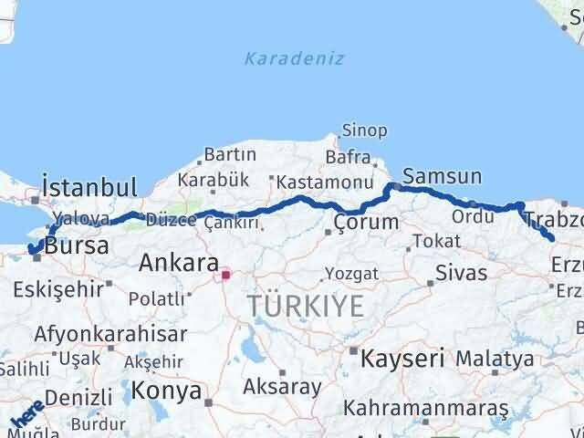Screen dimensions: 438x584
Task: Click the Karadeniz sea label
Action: coord(294,58)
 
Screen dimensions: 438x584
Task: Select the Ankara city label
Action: coord(179,264)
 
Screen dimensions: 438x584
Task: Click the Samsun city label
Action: coord(442,176)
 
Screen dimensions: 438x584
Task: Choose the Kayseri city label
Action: coord(402,358)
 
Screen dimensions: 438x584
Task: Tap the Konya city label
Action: coord(166,391)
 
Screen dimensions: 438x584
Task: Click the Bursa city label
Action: coord(77,245)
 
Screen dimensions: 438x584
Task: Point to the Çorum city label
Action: coord(366,222)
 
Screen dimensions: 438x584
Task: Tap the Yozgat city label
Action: coord(351,273)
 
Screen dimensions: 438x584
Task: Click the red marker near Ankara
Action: coord(225,272)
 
